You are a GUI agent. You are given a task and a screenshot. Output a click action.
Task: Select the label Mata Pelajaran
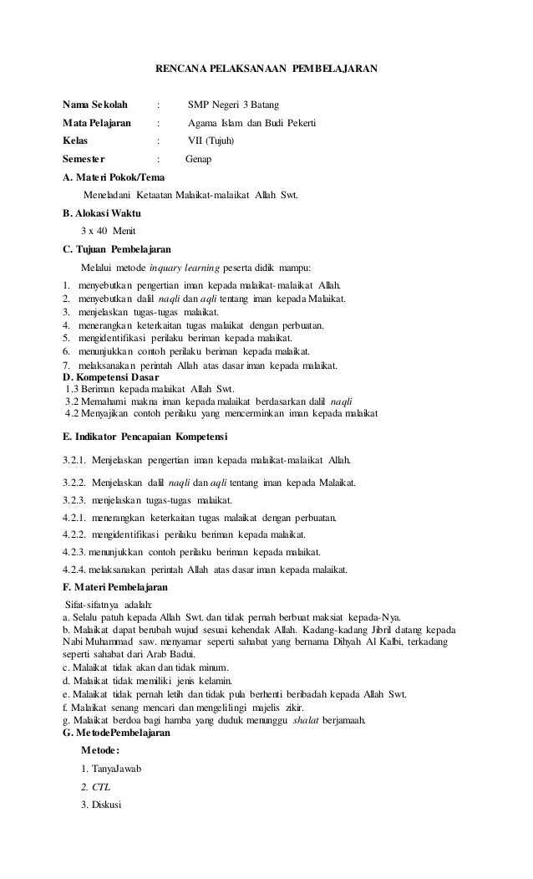97,123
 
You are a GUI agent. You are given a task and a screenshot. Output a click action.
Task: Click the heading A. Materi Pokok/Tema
114,177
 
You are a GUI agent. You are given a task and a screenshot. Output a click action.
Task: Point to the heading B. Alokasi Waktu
102,213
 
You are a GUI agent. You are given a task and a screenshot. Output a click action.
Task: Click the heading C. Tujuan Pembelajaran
117,249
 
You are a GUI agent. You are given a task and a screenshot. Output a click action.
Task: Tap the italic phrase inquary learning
184,268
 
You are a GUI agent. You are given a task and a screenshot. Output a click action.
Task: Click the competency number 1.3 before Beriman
75,389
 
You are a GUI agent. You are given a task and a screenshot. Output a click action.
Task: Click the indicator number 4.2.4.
77,570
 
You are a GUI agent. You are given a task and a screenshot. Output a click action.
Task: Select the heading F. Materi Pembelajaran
115,589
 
